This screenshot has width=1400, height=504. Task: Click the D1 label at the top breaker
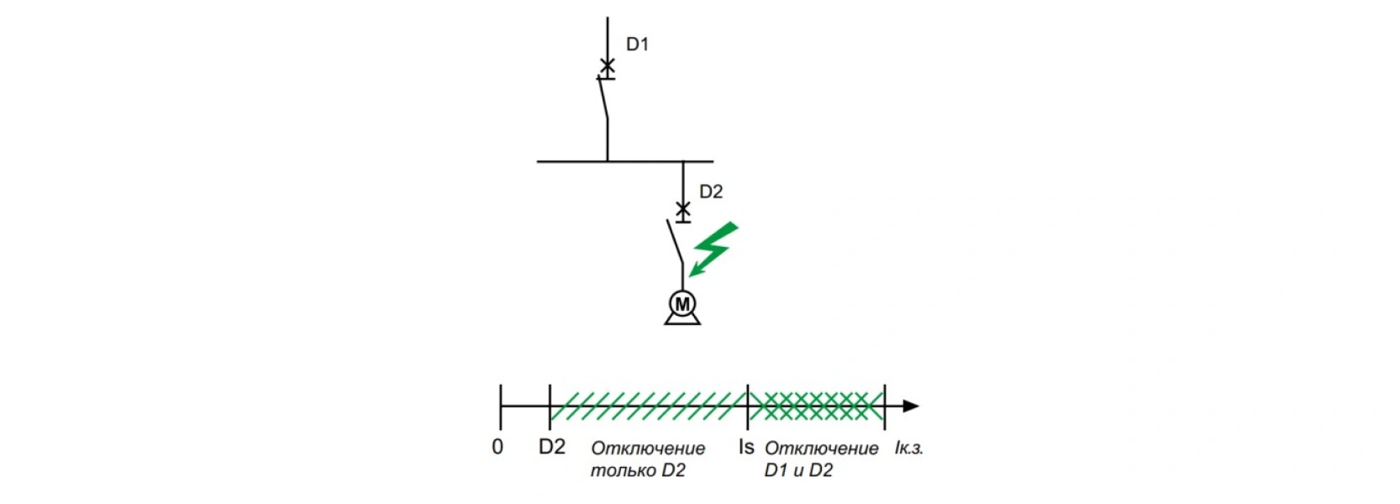pyautogui.click(x=638, y=45)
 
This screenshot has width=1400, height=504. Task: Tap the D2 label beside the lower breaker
pyautogui.click(x=711, y=192)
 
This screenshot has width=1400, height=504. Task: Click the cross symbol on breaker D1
pyautogui.click(x=607, y=65)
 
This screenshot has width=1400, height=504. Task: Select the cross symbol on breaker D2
pyautogui.click(x=683, y=208)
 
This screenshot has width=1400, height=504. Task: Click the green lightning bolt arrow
pyautogui.click(x=713, y=249)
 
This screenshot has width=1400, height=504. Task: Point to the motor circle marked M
pyautogui.click(x=682, y=304)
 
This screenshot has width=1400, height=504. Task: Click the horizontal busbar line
pyautogui.click(x=625, y=162)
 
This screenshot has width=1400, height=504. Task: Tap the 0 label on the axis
pyautogui.click(x=497, y=447)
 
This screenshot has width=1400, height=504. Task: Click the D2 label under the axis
pyautogui.click(x=552, y=447)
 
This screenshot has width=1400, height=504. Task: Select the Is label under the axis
pyautogui.click(x=746, y=447)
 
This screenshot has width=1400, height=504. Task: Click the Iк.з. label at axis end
pyautogui.click(x=908, y=448)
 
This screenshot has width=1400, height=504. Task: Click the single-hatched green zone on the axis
pyautogui.click(x=649, y=406)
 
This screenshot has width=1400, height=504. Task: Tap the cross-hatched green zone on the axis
pyautogui.click(x=816, y=406)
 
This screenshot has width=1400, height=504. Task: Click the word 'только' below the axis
pyautogui.click(x=613, y=470)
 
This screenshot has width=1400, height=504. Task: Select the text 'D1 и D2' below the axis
pyautogui.click(x=799, y=470)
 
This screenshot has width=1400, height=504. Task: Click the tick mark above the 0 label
pyautogui.click(x=501, y=407)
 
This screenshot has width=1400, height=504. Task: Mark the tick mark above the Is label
pyautogui.click(x=748, y=407)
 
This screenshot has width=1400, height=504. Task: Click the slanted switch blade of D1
pyautogui.click(x=603, y=97)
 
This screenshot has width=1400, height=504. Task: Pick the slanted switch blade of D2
pyautogui.click(x=675, y=242)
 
